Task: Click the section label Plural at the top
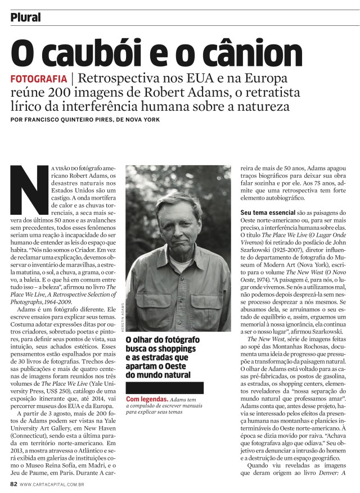(x=26, y=17)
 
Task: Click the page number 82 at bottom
(x=14, y=483)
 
